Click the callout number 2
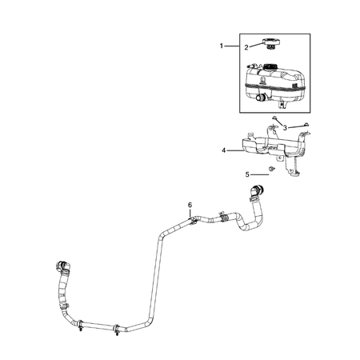coord(246,47)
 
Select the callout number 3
coord(285,127)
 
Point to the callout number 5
coord(247,174)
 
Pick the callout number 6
coord(189,206)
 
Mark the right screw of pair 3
coord(306,125)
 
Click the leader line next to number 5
coord(260,174)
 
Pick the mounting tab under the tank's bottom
coord(280,103)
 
